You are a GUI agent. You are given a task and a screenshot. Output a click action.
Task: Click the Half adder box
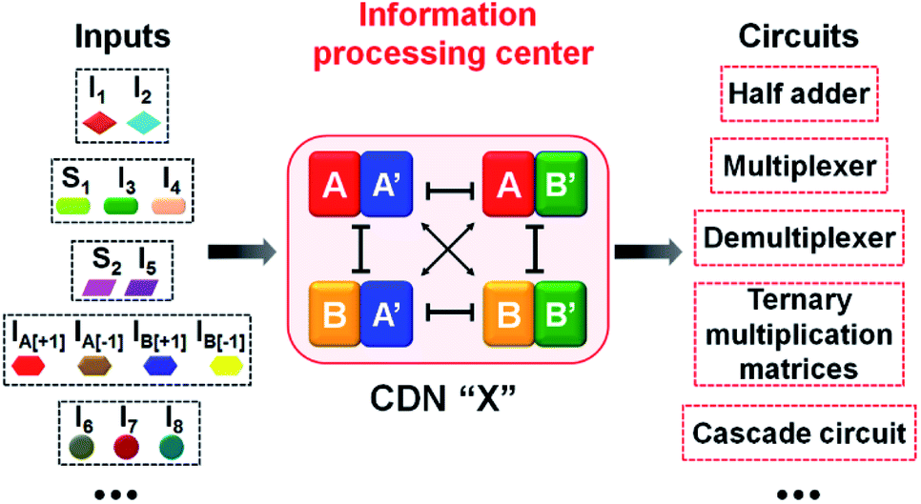(x=799, y=94)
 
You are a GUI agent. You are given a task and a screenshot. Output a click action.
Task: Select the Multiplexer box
(x=799, y=164)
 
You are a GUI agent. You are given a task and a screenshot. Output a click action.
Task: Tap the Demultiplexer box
(x=799, y=236)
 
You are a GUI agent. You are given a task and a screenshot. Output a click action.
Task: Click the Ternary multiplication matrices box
(x=799, y=334)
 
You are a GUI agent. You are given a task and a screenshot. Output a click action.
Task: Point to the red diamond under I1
(x=98, y=122)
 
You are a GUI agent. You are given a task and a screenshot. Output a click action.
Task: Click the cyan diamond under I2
(x=146, y=122)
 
